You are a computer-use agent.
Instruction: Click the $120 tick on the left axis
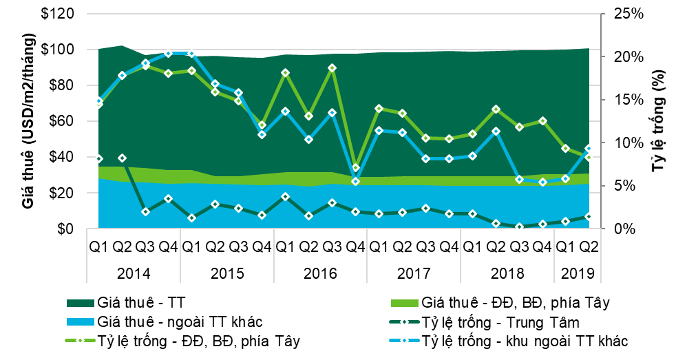(x=69, y=14)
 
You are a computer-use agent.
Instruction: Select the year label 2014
(x=134, y=273)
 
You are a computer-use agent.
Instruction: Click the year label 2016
(x=321, y=273)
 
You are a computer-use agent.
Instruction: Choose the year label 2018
(x=507, y=273)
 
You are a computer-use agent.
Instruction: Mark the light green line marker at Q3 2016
(x=332, y=68)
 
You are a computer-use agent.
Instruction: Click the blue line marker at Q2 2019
(x=589, y=148)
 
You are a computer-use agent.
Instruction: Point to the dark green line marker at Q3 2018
(x=519, y=226)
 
